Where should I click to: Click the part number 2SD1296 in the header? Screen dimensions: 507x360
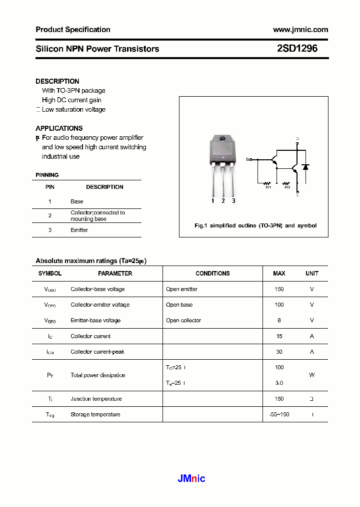click(297, 49)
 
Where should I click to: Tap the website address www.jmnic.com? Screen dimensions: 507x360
click(300, 30)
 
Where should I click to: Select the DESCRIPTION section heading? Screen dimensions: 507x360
click(57, 81)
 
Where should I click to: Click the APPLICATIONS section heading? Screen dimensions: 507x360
click(59, 128)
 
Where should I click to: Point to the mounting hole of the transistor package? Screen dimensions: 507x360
click(223, 139)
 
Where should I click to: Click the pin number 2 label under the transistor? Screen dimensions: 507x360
click(223, 201)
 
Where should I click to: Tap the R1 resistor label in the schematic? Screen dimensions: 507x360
click(268, 187)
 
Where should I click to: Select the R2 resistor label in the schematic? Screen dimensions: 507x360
click(287, 187)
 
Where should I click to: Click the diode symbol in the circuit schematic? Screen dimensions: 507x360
click(305, 167)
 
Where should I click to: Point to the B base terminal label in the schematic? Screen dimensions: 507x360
click(247, 159)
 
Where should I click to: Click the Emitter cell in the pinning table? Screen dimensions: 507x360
click(79, 230)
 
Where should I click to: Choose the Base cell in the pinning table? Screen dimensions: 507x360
click(76, 201)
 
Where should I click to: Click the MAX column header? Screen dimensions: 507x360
click(279, 274)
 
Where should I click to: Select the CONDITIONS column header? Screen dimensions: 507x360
click(212, 274)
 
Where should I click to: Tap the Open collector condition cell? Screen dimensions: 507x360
click(183, 321)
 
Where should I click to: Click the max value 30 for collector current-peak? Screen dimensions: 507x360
click(279, 352)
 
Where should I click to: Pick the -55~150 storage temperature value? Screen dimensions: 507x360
click(279, 414)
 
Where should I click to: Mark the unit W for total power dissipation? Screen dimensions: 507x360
click(311, 375)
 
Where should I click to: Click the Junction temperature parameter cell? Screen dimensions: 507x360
click(96, 399)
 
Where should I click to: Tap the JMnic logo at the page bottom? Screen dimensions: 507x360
click(191, 478)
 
